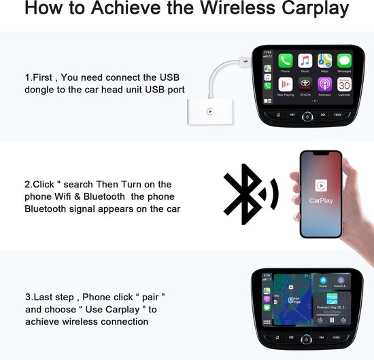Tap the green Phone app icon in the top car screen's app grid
(x=285, y=60)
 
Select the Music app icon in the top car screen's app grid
(x=305, y=60)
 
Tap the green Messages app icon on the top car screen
(x=345, y=60)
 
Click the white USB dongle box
(x=209, y=110)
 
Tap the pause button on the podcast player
(x=332, y=319)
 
